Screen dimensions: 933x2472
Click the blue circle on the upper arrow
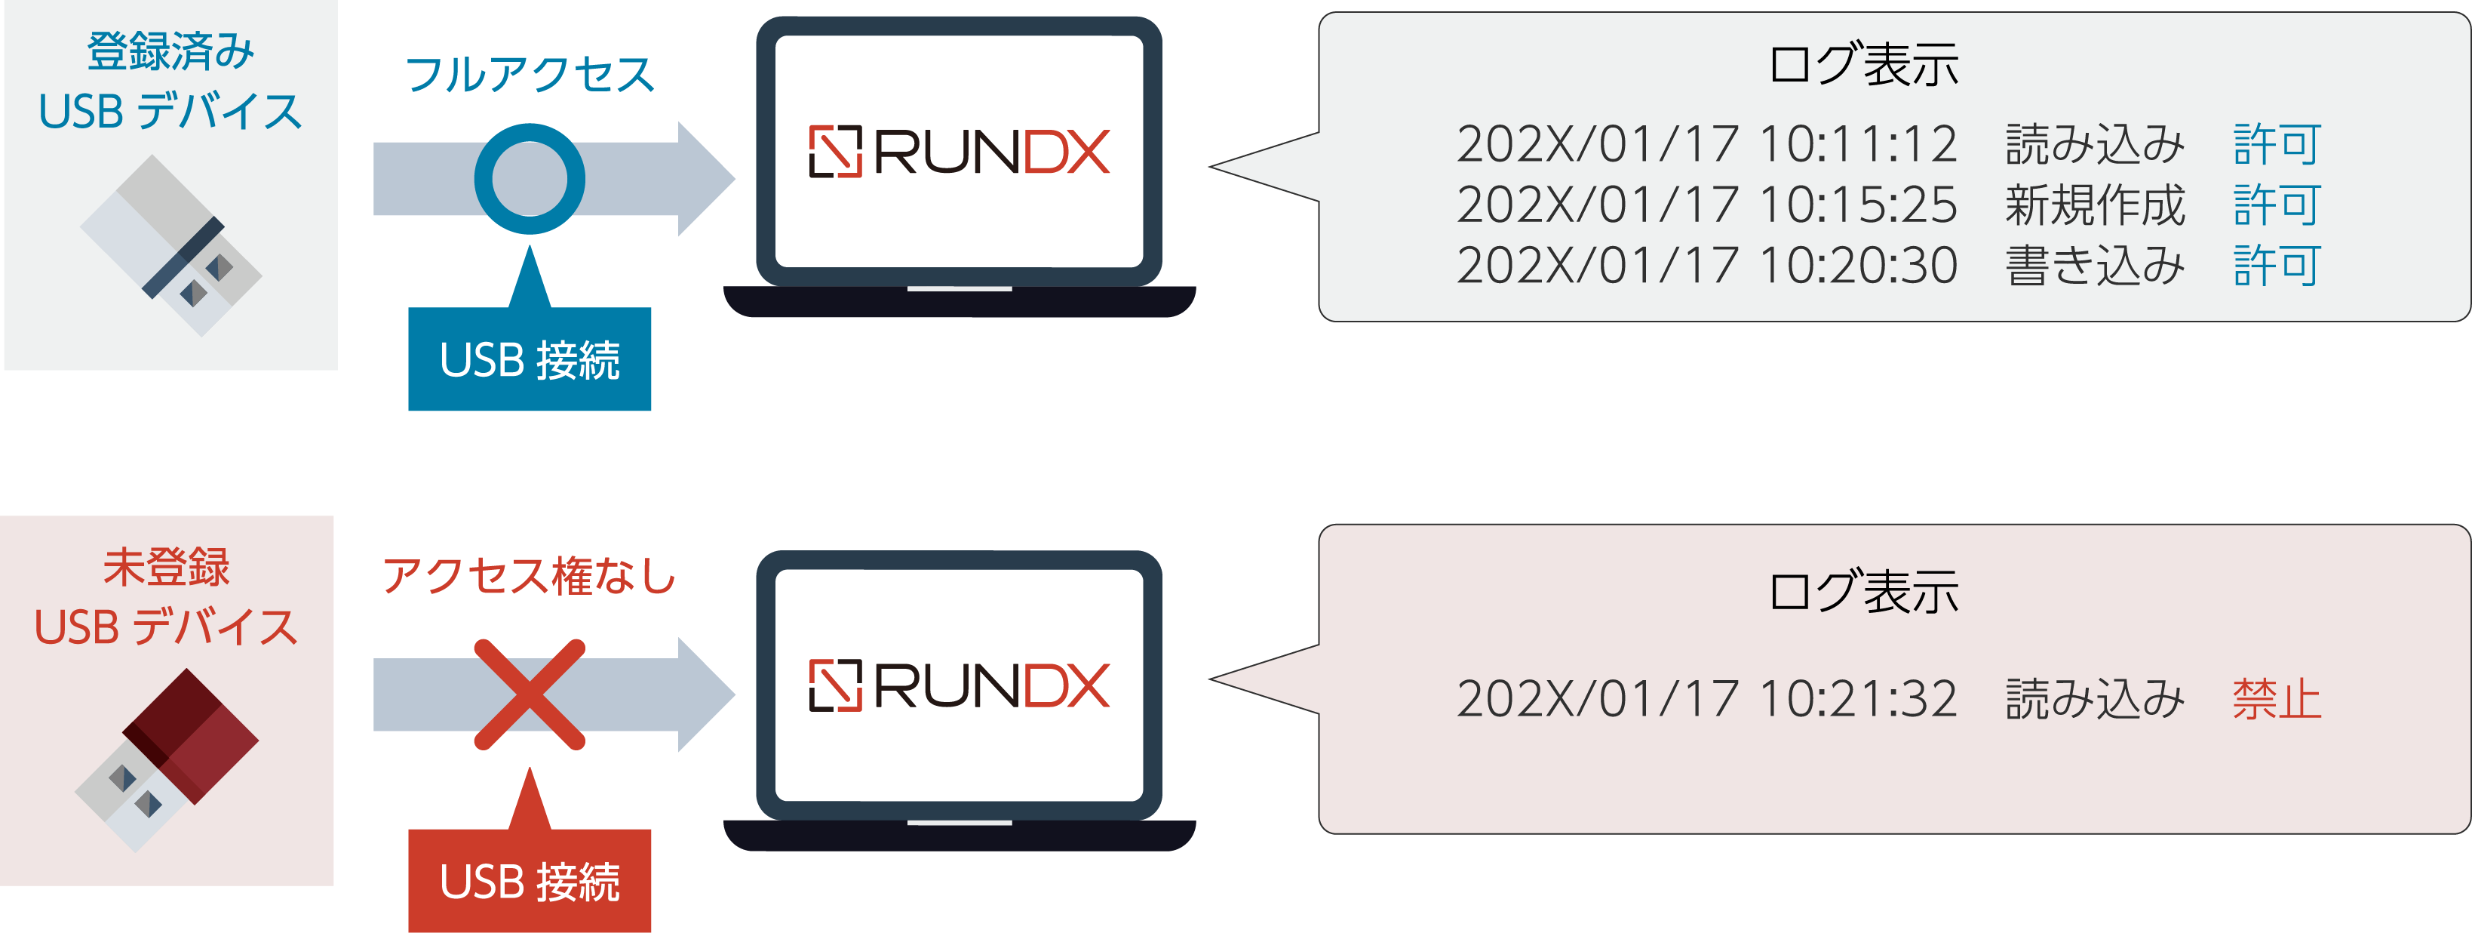tap(529, 179)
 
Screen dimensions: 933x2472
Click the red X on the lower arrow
tap(529, 694)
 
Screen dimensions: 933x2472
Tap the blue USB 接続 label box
tap(529, 360)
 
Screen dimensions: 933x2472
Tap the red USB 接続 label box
tap(529, 880)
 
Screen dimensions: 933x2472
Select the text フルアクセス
tap(529, 75)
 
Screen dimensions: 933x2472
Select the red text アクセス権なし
tap(529, 576)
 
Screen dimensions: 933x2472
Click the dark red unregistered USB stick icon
tap(169, 759)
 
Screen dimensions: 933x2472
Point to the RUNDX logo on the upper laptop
tap(959, 152)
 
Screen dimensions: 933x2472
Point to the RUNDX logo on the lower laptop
tap(959, 685)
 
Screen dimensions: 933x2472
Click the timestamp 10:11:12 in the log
tap(1858, 144)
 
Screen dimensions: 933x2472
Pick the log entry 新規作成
tap(2095, 205)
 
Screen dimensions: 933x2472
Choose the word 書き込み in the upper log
tap(2095, 265)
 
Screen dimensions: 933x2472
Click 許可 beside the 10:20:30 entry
tap(2276, 265)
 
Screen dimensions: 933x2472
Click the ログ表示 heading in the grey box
tap(1862, 64)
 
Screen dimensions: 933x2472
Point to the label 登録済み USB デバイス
tap(170, 82)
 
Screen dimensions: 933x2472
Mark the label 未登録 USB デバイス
tap(167, 597)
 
